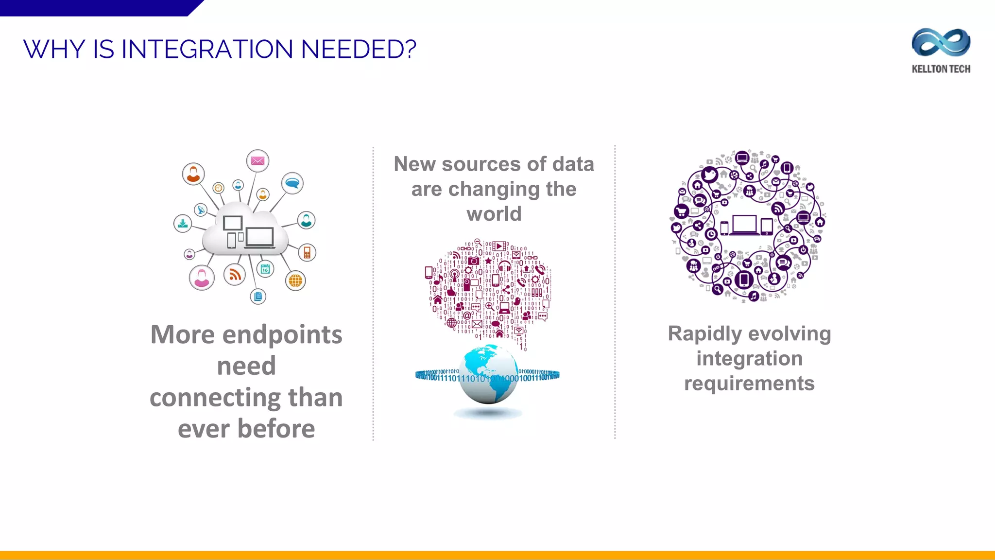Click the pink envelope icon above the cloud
coord(257,161)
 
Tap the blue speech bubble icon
coord(292,183)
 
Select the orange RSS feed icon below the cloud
coord(235,275)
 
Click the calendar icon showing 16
coord(265,269)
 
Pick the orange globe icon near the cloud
coord(295,280)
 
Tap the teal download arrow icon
coord(183,224)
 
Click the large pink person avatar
coord(202,278)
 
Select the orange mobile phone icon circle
coord(307,252)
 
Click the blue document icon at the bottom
coord(258,296)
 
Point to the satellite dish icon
coord(200,210)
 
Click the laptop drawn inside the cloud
coord(259,238)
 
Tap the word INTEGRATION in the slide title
coord(207,49)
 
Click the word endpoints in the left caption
coord(282,334)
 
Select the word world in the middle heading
coord(494,214)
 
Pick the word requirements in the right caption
coord(749,383)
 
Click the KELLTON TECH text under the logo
coord(941,69)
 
